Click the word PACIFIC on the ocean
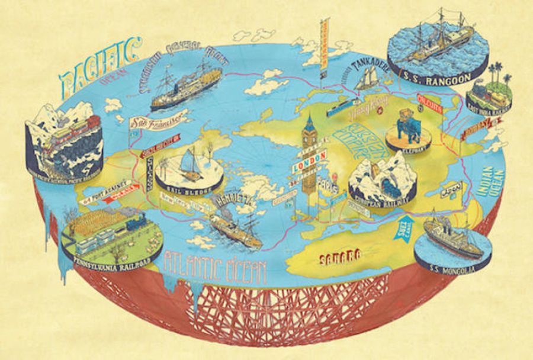click(98, 67)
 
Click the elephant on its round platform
click(408, 124)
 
